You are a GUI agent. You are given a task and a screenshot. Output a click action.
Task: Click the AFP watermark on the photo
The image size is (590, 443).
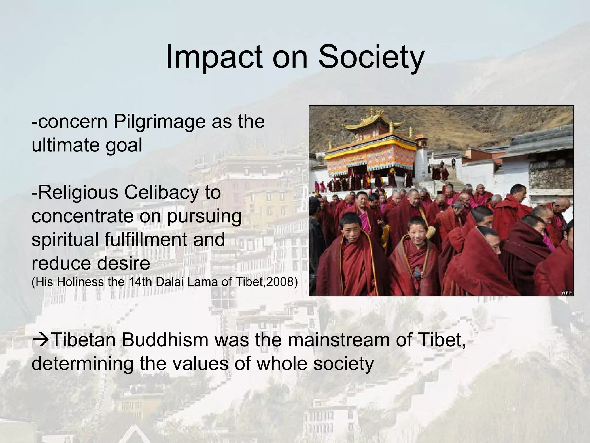(567, 293)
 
